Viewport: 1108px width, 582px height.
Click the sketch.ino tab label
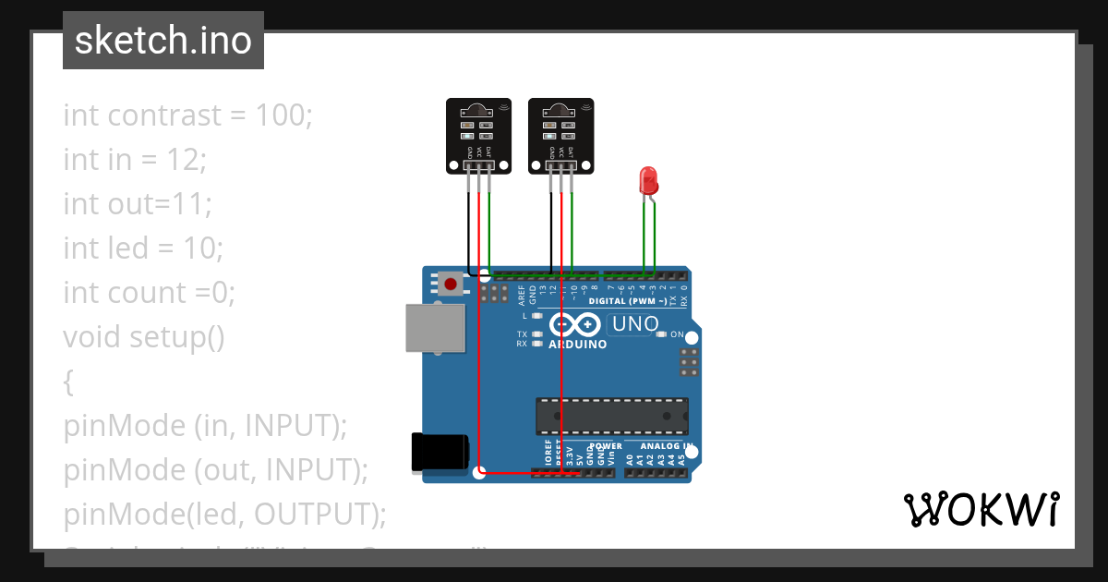coord(163,41)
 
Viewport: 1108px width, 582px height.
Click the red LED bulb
coord(647,179)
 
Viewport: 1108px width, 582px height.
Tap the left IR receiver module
coord(478,136)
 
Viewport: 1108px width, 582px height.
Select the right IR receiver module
coord(560,136)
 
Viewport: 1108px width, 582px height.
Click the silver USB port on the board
coord(436,328)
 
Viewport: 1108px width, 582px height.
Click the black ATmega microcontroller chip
coord(612,416)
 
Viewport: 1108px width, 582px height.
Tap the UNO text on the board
coord(635,324)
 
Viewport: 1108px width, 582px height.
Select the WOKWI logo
coord(981,510)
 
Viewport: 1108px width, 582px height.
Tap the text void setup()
coord(144,337)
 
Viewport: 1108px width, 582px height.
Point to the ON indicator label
coord(677,334)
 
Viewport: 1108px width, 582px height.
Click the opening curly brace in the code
coord(68,382)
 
